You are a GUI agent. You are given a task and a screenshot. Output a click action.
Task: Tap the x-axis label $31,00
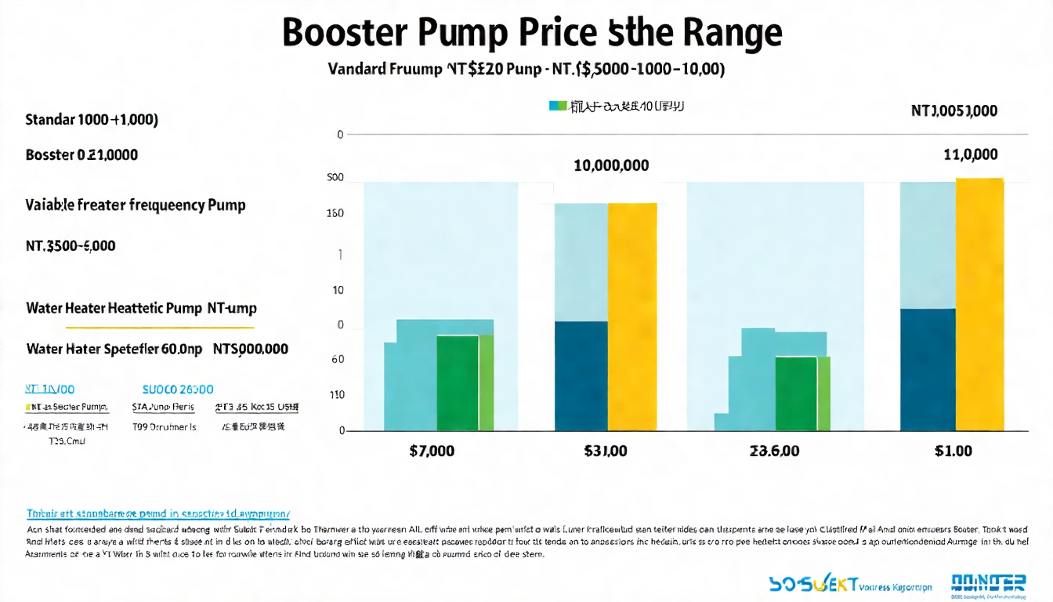[x=605, y=451]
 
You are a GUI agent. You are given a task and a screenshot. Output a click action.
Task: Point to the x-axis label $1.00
[x=953, y=451]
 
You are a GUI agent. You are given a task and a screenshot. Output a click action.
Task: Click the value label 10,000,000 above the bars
[x=611, y=166]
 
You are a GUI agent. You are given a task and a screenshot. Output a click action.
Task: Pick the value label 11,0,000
[x=972, y=155]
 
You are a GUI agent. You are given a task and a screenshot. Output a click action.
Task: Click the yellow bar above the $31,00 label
[x=632, y=317]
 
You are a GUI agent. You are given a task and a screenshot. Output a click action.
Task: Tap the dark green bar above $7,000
[x=457, y=383]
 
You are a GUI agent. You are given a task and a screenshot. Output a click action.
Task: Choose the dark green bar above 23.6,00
[x=796, y=393]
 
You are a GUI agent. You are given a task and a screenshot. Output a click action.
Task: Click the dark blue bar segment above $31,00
[x=581, y=375]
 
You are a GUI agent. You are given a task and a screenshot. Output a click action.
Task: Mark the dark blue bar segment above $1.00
[x=928, y=369]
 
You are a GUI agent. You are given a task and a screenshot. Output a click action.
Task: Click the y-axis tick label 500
[x=335, y=178]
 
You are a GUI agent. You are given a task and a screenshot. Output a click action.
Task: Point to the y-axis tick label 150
[x=335, y=213]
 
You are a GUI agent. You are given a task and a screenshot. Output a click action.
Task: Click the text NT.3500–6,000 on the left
[x=71, y=246]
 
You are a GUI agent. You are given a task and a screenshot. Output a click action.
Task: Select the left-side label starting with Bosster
[x=81, y=155]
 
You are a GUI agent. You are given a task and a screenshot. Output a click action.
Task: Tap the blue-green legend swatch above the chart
[x=557, y=105]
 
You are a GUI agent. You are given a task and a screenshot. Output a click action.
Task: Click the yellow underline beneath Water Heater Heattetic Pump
[x=141, y=326]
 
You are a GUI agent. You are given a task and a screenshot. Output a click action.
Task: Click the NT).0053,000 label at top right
[x=954, y=111]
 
